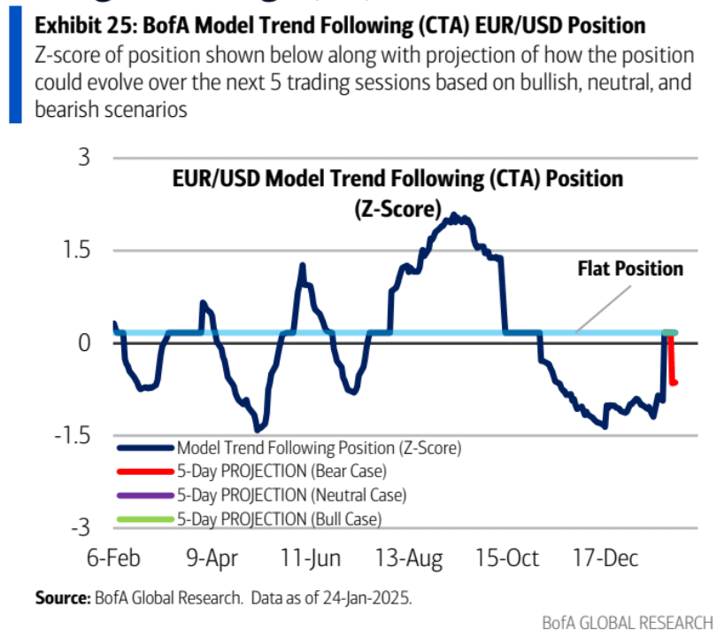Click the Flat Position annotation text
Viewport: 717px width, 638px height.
[x=630, y=268]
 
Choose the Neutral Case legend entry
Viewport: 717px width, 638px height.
[x=291, y=494]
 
